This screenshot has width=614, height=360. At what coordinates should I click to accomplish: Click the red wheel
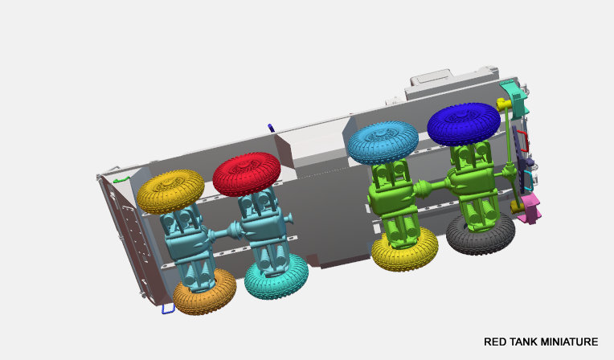click(247, 174)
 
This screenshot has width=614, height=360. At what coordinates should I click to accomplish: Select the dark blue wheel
click(464, 124)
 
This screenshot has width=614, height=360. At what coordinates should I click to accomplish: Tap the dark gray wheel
click(481, 235)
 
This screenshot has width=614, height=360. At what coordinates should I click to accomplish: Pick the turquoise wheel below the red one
click(276, 277)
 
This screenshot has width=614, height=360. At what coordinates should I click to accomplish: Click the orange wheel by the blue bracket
click(204, 292)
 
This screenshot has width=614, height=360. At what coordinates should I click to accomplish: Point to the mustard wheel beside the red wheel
click(170, 191)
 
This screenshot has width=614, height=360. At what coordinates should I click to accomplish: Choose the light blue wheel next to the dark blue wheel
click(383, 142)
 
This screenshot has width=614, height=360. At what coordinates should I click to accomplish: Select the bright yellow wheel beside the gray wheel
click(404, 250)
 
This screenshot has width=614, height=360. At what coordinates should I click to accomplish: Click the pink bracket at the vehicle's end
click(530, 209)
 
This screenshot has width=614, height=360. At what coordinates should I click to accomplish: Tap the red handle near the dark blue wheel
click(523, 140)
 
